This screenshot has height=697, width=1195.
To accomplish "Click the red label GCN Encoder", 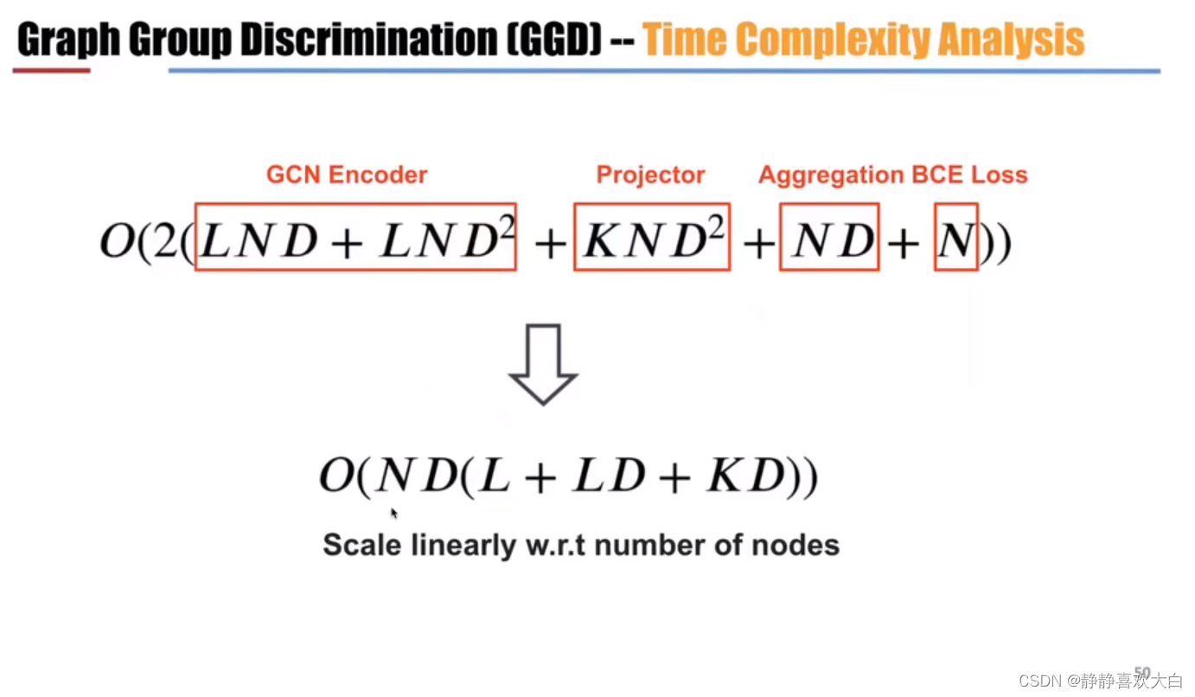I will coord(346,175).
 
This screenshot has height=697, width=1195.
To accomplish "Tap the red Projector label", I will coord(650,175).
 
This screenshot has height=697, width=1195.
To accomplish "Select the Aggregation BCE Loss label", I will coord(892,175).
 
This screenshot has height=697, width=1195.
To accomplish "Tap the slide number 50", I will coord(1142,672).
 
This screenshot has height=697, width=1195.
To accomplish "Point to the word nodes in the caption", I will coord(800,546).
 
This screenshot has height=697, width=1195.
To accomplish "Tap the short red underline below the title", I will coord(51,70).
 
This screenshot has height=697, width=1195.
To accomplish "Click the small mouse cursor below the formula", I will coord(394,514).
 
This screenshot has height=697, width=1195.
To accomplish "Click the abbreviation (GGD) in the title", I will coord(554,41).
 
